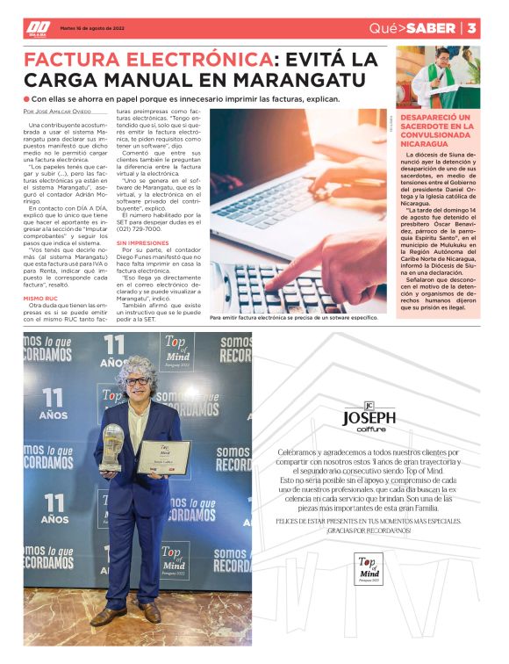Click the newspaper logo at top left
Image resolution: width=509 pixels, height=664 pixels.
(x=38, y=28)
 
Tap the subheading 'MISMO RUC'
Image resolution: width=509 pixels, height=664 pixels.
(x=41, y=298)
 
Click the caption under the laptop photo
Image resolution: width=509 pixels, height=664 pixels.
(x=287, y=317)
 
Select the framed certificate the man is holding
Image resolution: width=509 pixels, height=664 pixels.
(x=162, y=457)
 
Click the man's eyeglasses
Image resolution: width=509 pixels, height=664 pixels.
(x=137, y=380)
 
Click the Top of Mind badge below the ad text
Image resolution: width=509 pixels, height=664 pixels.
(x=370, y=569)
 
